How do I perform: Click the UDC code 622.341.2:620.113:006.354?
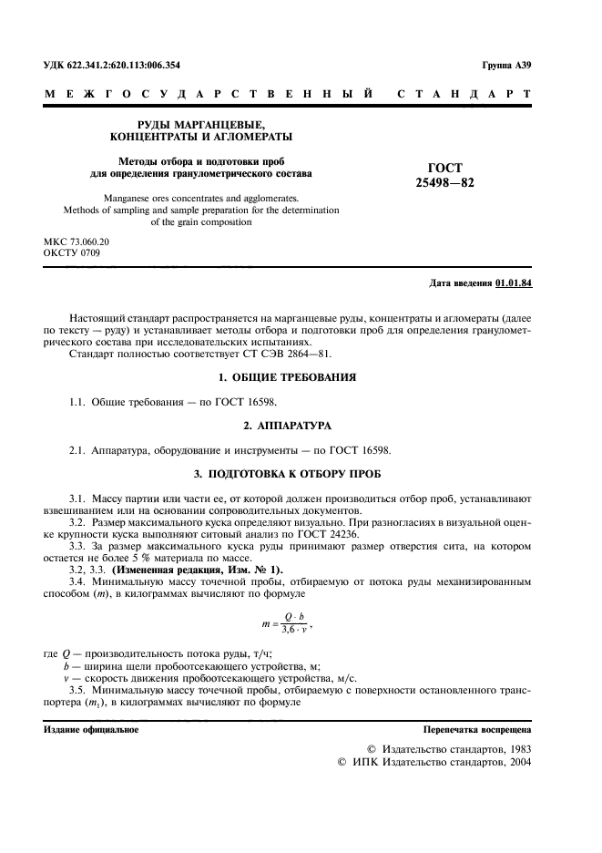(x=126, y=67)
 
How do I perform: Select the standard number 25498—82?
(x=444, y=182)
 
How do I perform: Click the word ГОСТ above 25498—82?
(x=444, y=168)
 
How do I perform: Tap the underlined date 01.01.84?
(x=514, y=283)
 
